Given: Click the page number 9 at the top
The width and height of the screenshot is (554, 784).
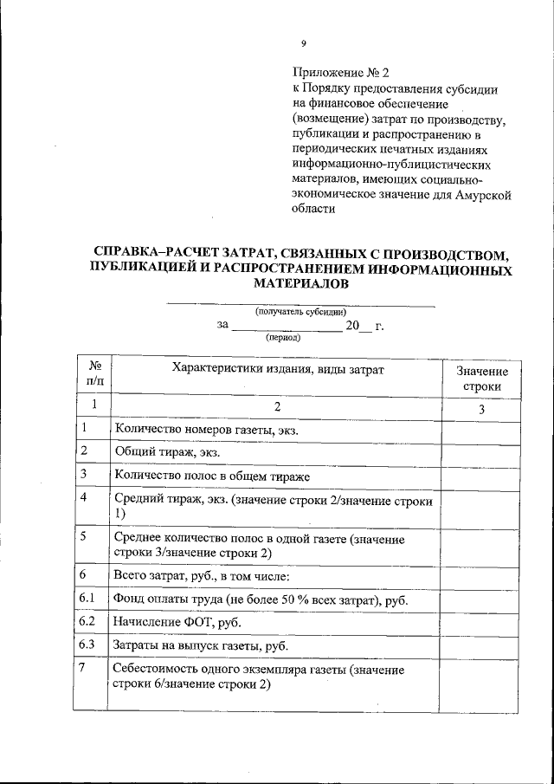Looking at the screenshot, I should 303,43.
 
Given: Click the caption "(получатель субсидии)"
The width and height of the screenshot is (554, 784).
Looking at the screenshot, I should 300,312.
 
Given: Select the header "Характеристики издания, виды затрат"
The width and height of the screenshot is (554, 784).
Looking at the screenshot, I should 278,370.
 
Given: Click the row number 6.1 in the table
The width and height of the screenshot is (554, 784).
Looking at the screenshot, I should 86,599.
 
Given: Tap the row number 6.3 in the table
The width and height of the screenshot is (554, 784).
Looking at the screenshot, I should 86,645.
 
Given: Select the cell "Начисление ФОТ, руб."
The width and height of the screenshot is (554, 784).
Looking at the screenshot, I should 177,623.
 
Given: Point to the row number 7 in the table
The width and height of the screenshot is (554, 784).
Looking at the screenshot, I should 82,670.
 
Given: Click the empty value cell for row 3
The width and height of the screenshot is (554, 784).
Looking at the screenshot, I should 481,476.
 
